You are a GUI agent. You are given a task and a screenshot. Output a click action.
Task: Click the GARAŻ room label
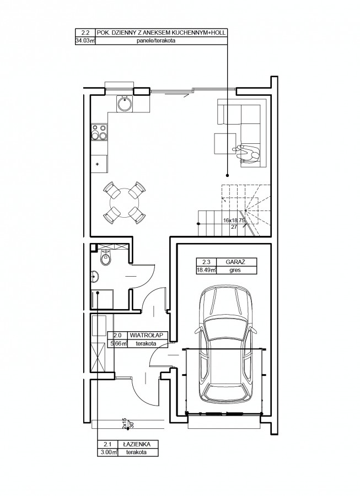(235, 262)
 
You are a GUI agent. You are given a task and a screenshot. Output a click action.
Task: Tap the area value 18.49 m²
(206, 270)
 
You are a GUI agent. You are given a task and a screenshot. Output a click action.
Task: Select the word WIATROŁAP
(147, 335)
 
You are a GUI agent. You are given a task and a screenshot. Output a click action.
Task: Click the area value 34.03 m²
(85, 40)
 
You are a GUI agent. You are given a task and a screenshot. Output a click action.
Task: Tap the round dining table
(125, 202)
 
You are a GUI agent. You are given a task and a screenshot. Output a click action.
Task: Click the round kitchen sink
(125, 104)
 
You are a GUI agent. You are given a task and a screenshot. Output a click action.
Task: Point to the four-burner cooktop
(99, 132)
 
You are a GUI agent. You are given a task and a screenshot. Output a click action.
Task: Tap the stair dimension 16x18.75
(234, 220)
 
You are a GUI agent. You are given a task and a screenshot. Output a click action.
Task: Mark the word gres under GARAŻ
(235, 270)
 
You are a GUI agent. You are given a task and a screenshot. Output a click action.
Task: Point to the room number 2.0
(117, 335)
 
